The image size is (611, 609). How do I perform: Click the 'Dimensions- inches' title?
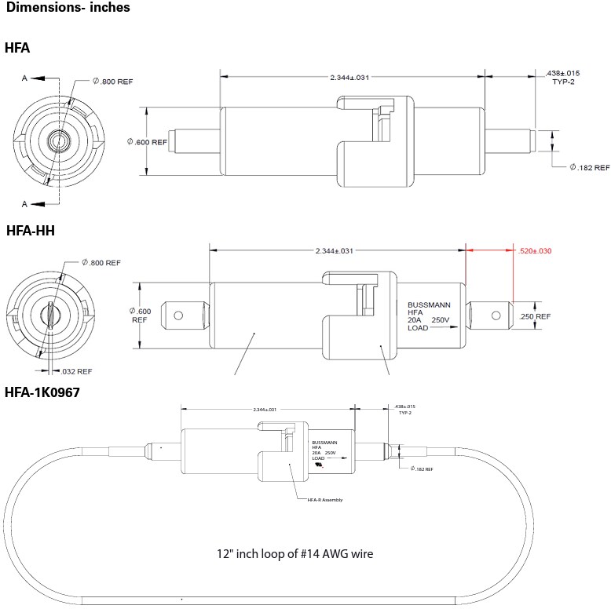68,9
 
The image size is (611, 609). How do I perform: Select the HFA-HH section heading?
30,231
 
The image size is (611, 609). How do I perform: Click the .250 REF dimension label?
534,316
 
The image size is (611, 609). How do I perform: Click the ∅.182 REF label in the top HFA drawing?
589,168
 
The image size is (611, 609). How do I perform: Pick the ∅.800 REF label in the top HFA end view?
113,81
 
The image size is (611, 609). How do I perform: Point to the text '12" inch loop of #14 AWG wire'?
295,553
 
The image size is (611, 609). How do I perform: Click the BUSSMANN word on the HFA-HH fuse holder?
429,304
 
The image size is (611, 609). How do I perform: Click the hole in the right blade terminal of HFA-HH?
496,315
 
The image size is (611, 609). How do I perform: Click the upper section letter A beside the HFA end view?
24,78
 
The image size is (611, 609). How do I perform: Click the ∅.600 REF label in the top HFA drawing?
147,142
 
